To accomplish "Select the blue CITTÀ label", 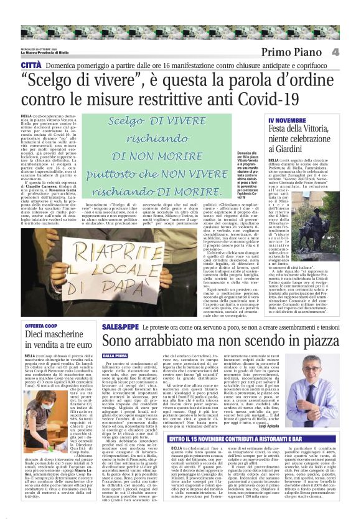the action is point(32,65).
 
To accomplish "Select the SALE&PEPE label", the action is point(116,326).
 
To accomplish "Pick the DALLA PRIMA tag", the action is point(116,356).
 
